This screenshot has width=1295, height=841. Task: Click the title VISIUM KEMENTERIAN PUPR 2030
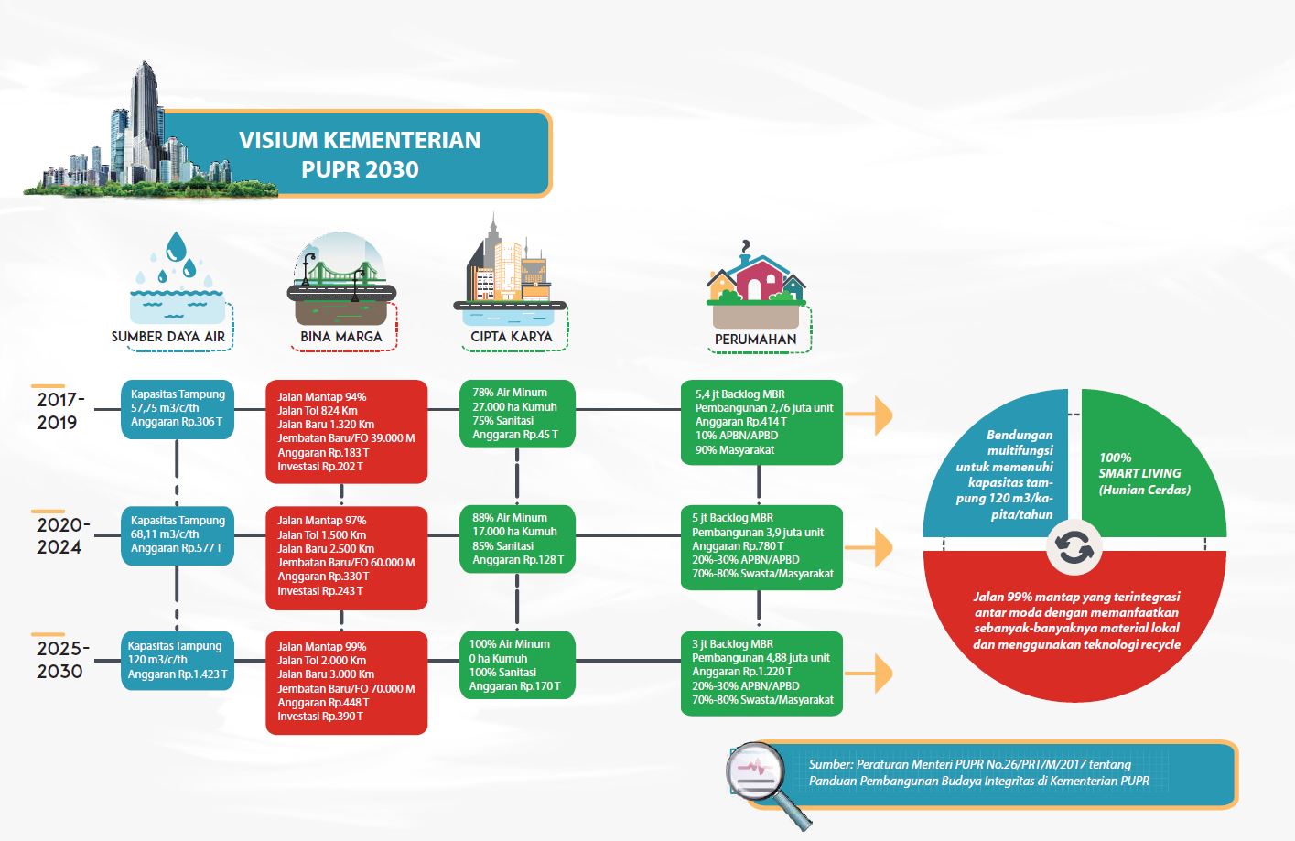pos(360,155)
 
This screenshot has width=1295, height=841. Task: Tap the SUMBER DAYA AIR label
pos(167,337)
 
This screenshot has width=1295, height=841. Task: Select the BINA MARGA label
pos(341,337)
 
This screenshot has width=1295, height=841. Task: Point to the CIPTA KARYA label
pos(512,337)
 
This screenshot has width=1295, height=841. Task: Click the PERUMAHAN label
pos(756,340)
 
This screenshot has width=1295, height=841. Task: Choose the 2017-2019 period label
pos(60,411)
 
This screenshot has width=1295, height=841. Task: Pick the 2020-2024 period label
pos(63,536)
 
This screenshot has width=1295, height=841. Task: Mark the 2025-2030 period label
pos(62,660)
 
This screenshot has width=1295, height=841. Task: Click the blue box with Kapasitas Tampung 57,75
pos(178,409)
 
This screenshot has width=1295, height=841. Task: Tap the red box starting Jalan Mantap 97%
pos(346,558)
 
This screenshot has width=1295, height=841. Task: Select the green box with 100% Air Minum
pos(517,664)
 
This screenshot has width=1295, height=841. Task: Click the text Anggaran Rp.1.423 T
pos(178,674)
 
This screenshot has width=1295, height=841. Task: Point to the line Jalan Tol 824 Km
pos(318,410)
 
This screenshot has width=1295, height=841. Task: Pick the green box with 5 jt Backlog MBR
pos(761,547)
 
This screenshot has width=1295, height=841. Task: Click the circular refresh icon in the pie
pos(1074,547)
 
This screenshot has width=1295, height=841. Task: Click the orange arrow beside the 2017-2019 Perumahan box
pos(869,415)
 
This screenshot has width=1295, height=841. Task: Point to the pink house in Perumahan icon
pos(756,277)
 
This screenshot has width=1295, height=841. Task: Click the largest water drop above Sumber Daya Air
pos(176,247)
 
